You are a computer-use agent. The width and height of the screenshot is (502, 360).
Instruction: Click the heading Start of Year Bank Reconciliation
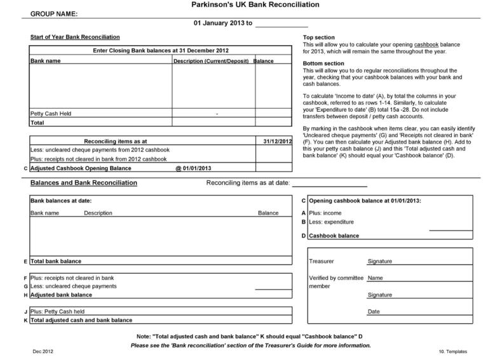click(75, 37)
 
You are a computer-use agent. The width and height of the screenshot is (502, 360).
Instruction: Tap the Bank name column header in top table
click(46, 62)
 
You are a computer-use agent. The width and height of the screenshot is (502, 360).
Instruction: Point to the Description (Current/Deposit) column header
click(212, 62)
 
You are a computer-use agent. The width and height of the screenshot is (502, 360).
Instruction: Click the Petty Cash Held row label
click(51, 114)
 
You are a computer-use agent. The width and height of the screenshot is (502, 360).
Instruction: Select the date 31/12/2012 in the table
click(277, 141)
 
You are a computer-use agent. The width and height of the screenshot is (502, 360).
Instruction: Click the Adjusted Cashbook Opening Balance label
click(81, 169)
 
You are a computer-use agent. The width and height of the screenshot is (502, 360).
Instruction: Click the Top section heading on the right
click(319, 37)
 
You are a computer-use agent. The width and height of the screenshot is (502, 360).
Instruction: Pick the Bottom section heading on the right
click(323, 63)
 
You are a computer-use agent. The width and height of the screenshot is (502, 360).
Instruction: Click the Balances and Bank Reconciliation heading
click(83, 183)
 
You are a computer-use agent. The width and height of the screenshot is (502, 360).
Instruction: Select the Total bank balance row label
click(56, 262)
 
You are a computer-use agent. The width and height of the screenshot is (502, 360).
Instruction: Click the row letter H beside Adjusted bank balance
click(24, 295)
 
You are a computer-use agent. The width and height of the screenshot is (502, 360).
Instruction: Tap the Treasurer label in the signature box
click(322, 262)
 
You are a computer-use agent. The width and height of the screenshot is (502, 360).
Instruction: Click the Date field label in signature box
click(374, 312)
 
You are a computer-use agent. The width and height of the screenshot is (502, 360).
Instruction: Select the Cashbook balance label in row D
click(334, 236)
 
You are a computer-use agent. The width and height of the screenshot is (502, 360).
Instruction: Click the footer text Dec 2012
click(40, 351)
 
